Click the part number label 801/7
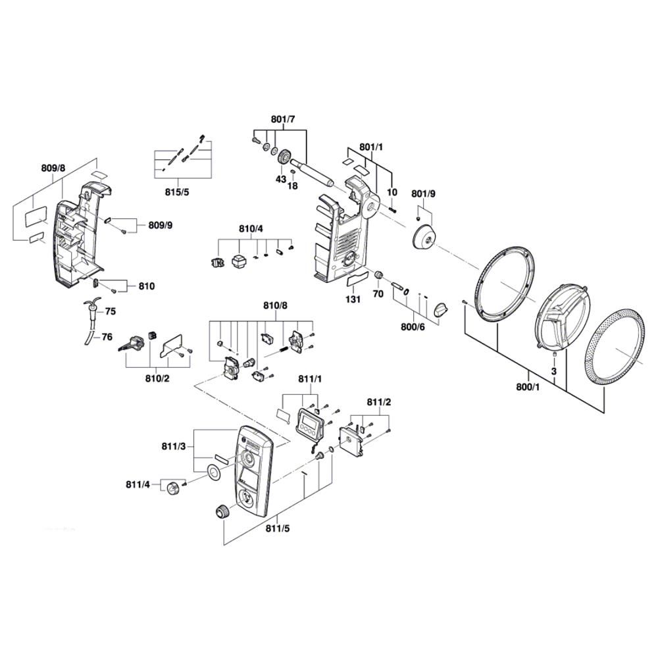coord(283,119)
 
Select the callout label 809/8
coord(53,168)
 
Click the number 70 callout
coord(378,293)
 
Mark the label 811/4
coord(138,485)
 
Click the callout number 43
coord(280,179)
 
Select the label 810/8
coord(275,305)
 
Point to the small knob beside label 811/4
coord(172,488)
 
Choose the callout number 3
coord(555,372)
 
